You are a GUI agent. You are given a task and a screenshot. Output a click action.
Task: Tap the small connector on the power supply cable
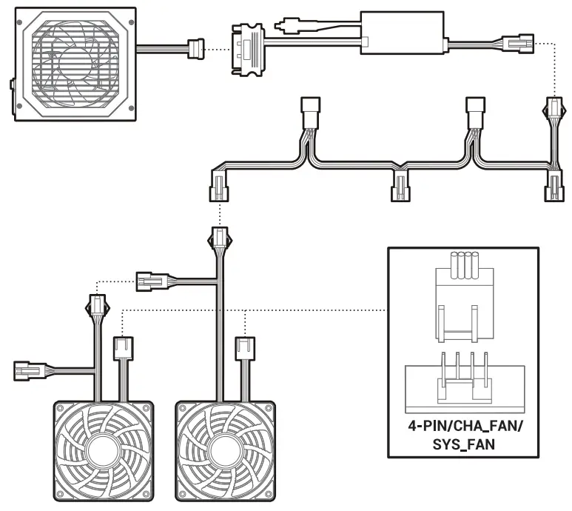196,50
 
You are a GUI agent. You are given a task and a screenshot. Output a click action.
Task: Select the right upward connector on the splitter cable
474,112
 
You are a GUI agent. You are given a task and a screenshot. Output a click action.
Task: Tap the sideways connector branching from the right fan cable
152,281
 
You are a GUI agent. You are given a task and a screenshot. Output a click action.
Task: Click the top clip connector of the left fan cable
97,305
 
